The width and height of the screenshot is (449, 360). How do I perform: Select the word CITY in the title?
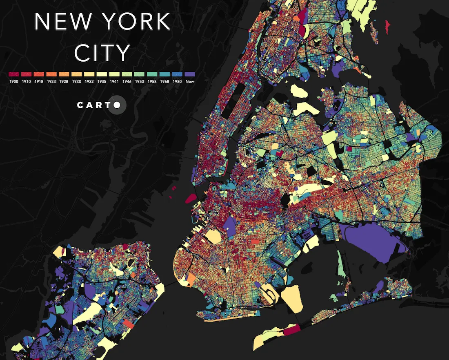tap(102, 53)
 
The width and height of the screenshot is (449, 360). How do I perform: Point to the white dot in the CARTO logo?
tap(117, 105)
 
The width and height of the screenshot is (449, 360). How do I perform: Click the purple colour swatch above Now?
tap(189, 74)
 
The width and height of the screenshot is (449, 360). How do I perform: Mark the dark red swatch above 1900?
tap(14, 74)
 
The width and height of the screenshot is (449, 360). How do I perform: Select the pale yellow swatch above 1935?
tap(102, 74)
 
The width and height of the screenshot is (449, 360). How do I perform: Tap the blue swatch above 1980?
tap(177, 74)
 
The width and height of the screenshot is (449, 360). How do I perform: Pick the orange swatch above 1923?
tap(51, 74)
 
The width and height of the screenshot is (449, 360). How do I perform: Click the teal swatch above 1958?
tap(151, 74)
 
